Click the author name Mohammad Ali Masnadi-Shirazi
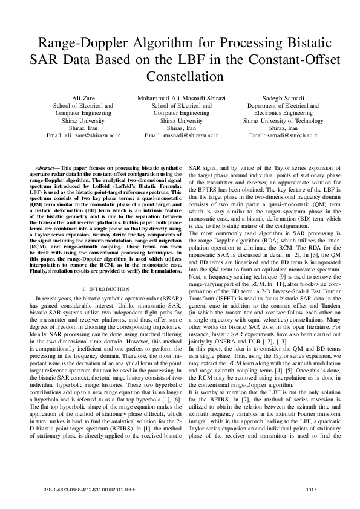[x=181, y=97]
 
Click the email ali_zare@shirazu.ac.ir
[x=83, y=137]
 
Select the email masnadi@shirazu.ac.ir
[x=181, y=137]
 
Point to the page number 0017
[x=311, y=488]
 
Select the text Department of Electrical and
[x=275, y=105]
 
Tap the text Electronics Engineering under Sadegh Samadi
[x=275, y=113]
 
